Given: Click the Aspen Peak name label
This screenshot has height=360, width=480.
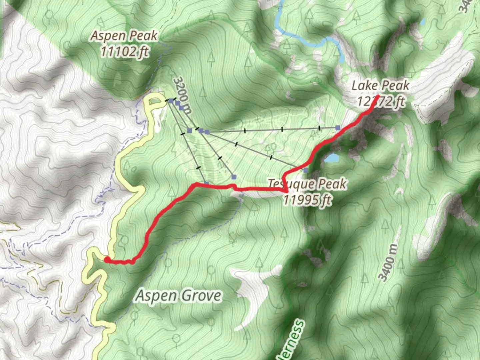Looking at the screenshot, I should pos(124,36).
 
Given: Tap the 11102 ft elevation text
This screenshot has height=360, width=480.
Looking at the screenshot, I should pos(124,52).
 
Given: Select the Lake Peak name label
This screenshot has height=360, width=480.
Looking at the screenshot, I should pos(380,86).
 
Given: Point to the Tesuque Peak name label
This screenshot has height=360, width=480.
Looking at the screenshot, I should pos(307,184).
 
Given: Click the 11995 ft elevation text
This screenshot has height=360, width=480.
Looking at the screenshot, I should pos(307,200).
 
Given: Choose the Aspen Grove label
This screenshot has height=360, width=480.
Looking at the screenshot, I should pos(178,296).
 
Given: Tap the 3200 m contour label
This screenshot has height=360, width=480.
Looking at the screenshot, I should pos(183,95).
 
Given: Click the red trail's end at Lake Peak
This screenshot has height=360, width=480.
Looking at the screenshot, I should pos(378,97).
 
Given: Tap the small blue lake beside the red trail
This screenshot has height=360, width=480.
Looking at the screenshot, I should pos(332,158).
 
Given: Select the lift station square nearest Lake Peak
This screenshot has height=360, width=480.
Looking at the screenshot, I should pos(338,128).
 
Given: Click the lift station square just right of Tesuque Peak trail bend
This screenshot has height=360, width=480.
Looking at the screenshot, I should pos(305,170).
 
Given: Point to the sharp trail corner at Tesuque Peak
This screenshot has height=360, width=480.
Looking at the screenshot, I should pos(287,191).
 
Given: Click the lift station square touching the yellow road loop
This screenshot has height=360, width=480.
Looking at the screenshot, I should pos(171,100).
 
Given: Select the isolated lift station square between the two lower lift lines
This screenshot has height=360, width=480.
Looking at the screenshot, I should pos(234,177).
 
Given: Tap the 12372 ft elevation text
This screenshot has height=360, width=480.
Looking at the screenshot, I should pos(381,101).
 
